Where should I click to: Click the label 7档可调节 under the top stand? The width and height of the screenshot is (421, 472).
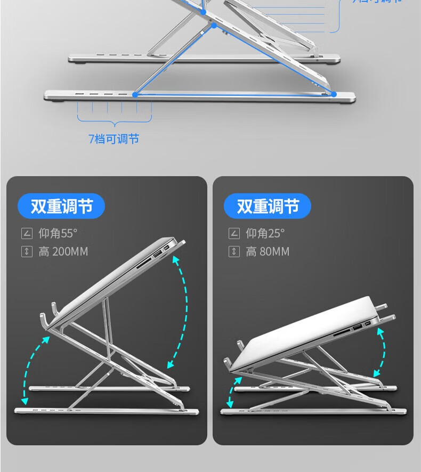point(114,139)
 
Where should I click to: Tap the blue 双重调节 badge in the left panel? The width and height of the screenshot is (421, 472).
point(61,206)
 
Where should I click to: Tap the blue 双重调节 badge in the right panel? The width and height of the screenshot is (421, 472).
point(268,206)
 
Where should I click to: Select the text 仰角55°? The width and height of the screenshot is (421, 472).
point(58,233)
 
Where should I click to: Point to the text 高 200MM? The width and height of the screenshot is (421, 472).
point(63,251)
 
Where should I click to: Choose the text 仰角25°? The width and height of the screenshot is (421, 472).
point(265,233)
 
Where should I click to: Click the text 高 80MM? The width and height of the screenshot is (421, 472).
point(268,251)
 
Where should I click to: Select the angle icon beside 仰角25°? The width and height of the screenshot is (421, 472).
point(233,233)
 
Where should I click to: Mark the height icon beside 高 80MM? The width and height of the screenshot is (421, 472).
point(233,251)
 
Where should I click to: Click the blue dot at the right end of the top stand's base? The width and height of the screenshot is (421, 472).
point(334,94)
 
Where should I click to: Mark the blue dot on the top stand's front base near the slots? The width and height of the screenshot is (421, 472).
point(135,95)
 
